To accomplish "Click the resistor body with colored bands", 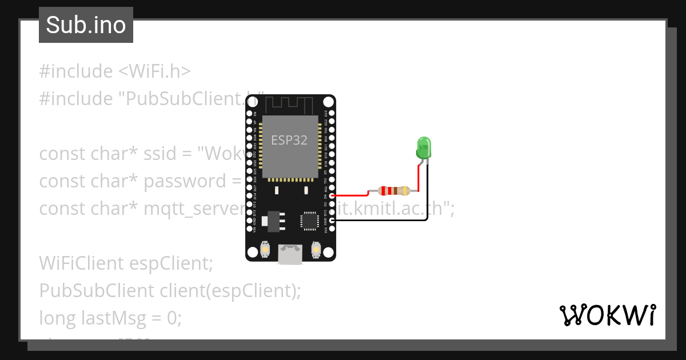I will point(394,190).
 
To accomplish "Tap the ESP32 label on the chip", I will point(289,141).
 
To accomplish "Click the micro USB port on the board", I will point(290,254).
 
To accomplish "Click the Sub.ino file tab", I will point(86,25).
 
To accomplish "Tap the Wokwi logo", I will point(607,315).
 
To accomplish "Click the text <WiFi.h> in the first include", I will point(154,71).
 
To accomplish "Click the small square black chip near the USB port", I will point(309,220).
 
